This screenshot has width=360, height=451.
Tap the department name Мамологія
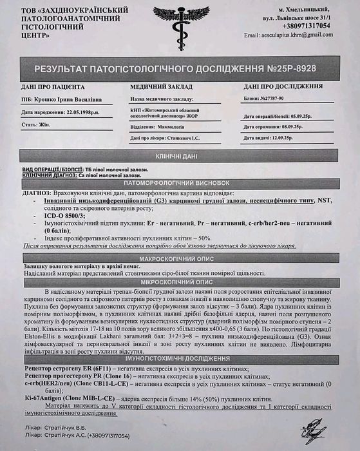click(179, 126)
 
